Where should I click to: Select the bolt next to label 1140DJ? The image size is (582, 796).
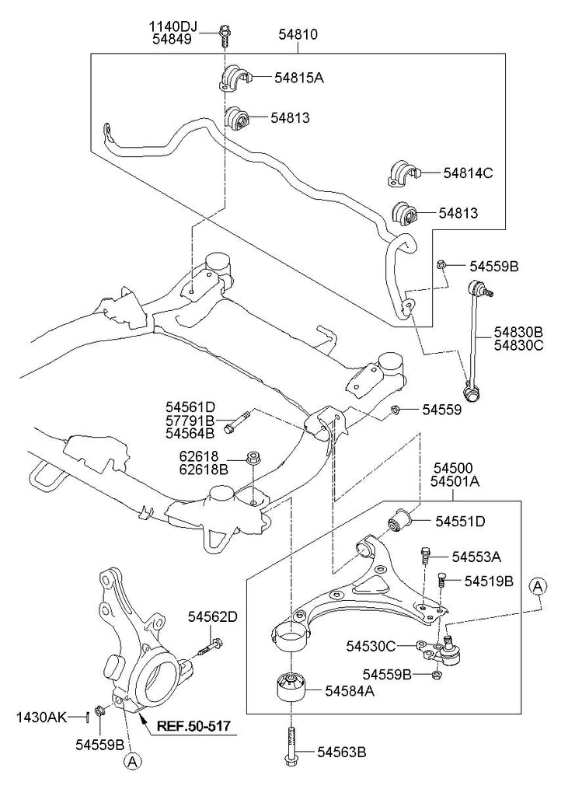(x=225, y=33)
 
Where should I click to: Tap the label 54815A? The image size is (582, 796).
(x=298, y=77)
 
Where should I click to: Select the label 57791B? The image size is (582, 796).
(x=190, y=421)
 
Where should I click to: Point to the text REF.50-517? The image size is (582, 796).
(x=194, y=727)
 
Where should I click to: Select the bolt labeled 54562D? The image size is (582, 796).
(x=211, y=644)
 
